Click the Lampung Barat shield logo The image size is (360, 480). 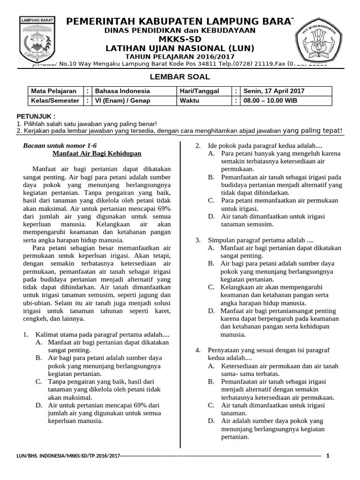[37, 41]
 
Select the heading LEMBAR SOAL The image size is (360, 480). [180, 77]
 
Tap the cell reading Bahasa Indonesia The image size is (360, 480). [122, 91]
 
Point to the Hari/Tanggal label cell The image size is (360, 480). [199, 91]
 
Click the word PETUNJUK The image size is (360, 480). [36, 116]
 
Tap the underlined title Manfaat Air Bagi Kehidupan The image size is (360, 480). [97, 154]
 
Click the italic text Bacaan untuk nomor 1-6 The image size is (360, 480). [60, 146]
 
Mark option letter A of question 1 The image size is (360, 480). [38, 343]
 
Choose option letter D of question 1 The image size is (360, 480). [38, 405]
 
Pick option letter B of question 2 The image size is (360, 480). [211, 177]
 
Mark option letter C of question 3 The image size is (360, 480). [211, 287]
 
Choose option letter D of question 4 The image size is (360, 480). [211, 421]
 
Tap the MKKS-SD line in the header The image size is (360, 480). [180, 39]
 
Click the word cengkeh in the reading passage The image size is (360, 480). [35, 319]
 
